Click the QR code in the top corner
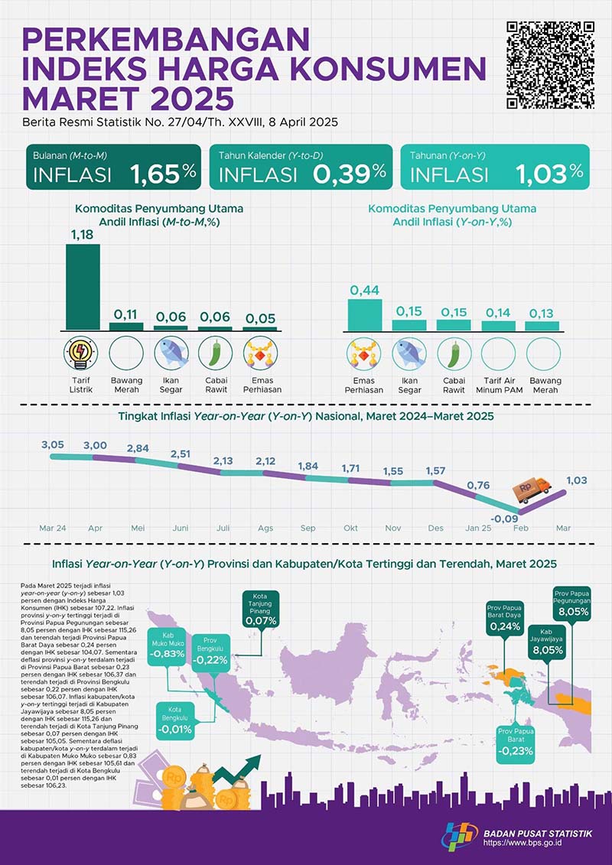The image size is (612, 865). (551, 65)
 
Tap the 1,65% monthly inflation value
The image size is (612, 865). (163, 174)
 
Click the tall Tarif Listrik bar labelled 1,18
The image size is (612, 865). (83, 286)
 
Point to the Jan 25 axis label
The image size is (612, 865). (477, 528)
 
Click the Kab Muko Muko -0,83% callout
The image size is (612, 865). (168, 645)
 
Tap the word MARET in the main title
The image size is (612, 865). (78, 98)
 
